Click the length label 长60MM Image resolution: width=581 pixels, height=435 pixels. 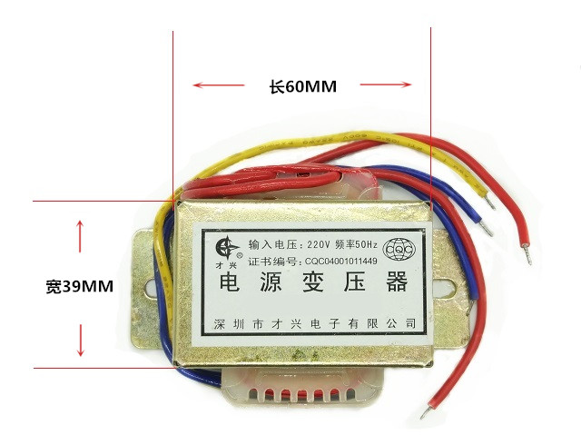(302, 87)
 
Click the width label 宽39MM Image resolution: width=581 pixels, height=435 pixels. (79, 286)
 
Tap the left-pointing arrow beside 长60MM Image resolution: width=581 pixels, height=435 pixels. (219, 87)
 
